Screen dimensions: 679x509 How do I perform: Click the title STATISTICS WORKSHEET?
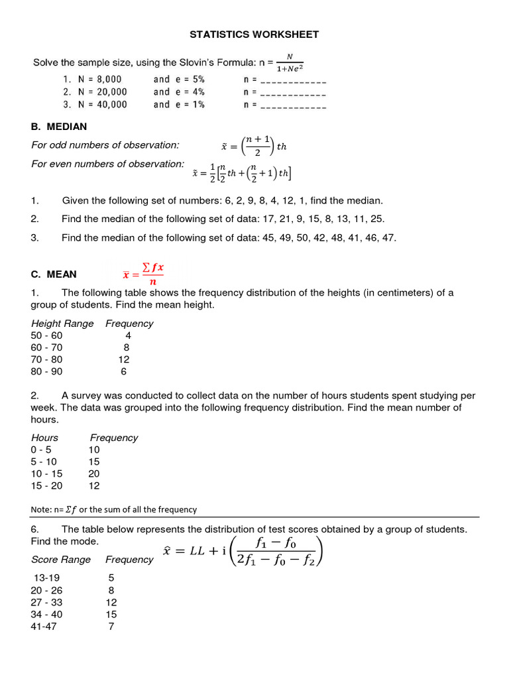click(x=254, y=34)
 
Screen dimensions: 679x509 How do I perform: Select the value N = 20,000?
click(x=95, y=92)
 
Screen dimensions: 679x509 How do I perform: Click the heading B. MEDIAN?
click(x=58, y=127)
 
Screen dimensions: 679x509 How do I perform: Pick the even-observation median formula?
click(x=242, y=173)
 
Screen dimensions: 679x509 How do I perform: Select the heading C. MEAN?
click(x=53, y=274)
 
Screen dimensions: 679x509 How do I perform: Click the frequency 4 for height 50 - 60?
click(x=128, y=336)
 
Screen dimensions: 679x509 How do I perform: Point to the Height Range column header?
click(x=62, y=324)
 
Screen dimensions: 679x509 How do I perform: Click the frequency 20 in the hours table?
click(x=94, y=473)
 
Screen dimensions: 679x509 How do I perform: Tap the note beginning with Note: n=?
click(x=114, y=509)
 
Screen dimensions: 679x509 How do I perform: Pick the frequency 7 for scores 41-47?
click(x=111, y=626)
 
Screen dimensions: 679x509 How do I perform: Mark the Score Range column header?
click(x=61, y=560)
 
